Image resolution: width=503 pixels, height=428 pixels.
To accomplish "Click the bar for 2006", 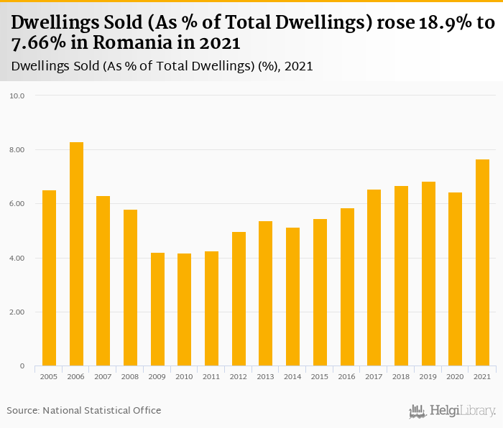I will click(76, 254).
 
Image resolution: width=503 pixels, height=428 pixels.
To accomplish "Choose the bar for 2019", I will click(428, 274).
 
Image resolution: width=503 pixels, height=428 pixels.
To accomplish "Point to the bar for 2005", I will click(49, 278).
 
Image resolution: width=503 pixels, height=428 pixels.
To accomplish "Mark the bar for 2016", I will click(347, 287).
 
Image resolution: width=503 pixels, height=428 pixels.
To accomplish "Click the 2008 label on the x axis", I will click(130, 376).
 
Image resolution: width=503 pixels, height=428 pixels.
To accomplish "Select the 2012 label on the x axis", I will click(239, 376).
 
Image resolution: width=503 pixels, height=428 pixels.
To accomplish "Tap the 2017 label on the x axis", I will click(374, 376).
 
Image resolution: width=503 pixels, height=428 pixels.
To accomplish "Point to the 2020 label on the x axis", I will click(455, 376).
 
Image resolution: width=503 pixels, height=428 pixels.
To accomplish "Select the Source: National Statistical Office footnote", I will click(84, 411).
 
